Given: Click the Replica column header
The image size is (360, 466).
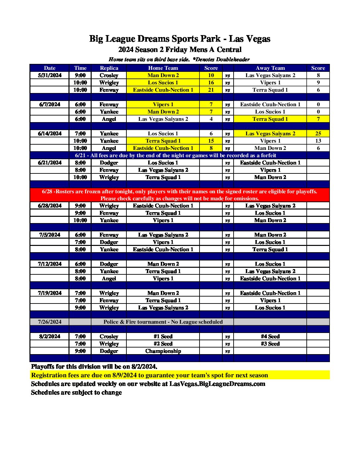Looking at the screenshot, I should (x=109, y=68).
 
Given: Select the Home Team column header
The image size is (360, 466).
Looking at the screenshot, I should (x=163, y=68).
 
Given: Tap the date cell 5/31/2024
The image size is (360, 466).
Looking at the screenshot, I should (x=50, y=75).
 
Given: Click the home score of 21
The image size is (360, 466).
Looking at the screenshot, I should (x=211, y=90).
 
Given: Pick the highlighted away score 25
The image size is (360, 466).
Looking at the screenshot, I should (x=318, y=133).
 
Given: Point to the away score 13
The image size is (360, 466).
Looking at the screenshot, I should (x=318, y=141).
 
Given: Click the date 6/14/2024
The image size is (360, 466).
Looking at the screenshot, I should (x=50, y=133).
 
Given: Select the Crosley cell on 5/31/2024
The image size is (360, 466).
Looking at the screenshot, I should (x=109, y=75).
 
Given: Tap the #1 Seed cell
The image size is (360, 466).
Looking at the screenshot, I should (x=163, y=336).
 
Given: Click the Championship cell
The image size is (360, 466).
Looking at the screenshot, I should (x=163, y=351).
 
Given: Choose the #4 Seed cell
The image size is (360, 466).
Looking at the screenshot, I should (x=270, y=336).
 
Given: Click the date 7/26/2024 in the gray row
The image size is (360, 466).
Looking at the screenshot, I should (x=50, y=322).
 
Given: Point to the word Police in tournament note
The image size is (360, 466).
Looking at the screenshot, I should (x=111, y=322).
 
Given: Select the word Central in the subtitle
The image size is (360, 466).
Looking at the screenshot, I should (x=229, y=50).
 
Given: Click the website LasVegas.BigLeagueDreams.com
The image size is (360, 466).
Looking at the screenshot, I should (x=217, y=384).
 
